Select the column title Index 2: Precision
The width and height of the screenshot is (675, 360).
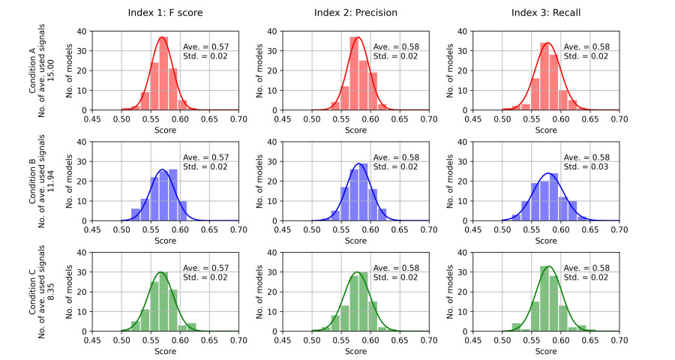(355, 13)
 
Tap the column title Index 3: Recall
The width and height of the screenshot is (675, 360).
(545, 13)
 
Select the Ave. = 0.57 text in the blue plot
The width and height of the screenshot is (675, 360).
(201, 156)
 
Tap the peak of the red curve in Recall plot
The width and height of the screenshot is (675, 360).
(548, 43)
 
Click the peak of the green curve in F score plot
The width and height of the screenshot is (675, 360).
(161, 272)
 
